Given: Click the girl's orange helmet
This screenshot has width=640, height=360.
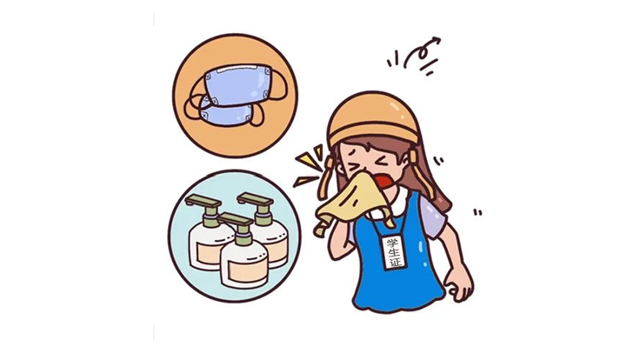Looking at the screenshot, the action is [x=374, y=118].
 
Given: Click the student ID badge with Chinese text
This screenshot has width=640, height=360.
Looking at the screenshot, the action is [x=395, y=252].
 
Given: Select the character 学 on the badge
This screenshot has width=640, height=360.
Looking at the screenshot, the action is [x=394, y=242].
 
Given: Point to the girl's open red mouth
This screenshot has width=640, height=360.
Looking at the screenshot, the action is [x=383, y=181].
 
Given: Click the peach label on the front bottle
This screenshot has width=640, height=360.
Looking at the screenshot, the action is [x=245, y=272].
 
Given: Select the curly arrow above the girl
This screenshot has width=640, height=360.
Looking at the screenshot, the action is [x=423, y=51].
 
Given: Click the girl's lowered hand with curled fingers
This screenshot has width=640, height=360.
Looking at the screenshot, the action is [x=458, y=284].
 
